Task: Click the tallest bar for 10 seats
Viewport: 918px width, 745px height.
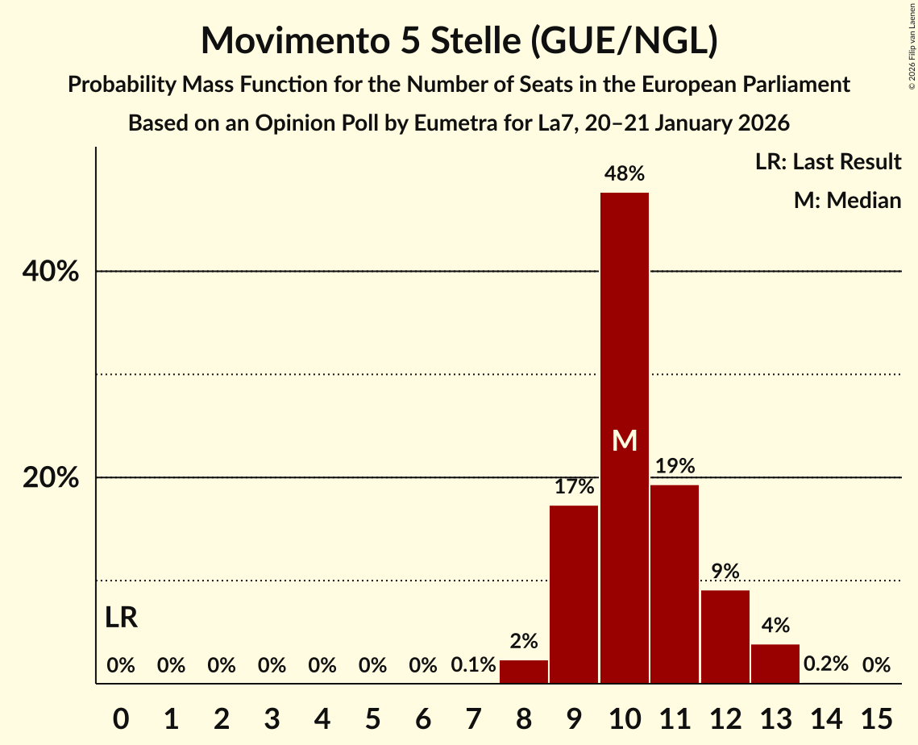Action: point(624,323)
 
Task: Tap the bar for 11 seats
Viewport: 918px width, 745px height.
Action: point(675,584)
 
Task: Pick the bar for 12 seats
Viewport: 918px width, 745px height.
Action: point(725,637)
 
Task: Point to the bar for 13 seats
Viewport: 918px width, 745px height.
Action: point(775,664)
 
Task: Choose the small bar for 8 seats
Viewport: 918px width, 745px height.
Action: point(524,672)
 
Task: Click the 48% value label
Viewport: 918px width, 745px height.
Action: point(625,173)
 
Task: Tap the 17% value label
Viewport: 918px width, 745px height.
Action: point(574,486)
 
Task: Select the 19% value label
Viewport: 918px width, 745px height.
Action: point(675,465)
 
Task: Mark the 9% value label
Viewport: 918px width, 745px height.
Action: point(725,572)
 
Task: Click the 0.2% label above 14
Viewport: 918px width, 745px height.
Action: point(826,665)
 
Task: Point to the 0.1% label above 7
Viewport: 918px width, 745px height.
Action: point(473,665)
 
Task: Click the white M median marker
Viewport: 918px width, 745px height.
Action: point(625,440)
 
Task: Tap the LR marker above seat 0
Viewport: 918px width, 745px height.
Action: point(121,618)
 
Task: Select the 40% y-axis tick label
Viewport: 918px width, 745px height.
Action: point(51,272)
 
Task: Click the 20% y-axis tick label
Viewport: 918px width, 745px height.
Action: point(51,477)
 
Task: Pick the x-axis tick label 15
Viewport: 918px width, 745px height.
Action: point(876,716)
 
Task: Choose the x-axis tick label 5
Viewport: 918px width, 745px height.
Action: point(372,716)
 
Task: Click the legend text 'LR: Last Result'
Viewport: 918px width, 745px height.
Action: point(828,162)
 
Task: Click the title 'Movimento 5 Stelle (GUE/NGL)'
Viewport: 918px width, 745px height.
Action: point(459,40)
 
